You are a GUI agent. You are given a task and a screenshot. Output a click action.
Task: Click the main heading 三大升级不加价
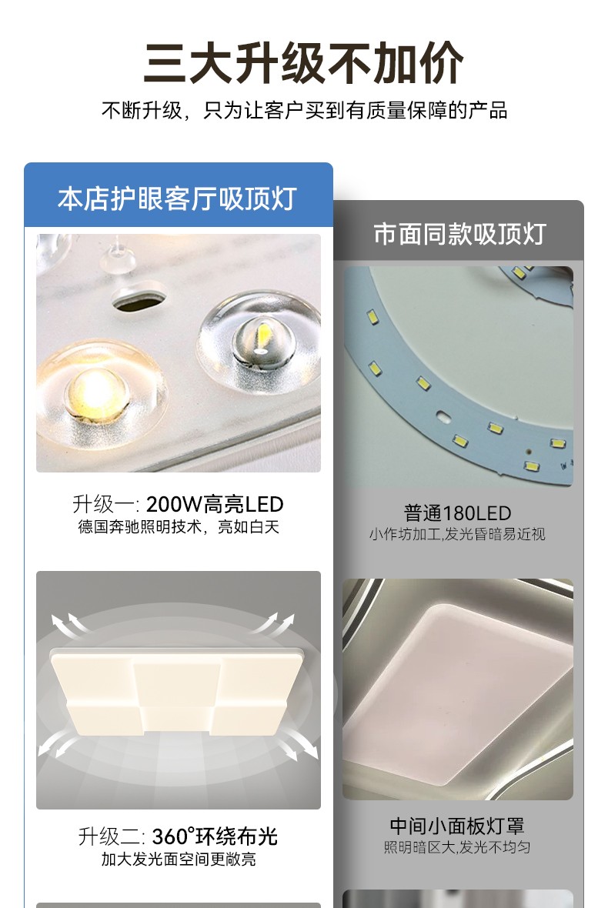click(x=303, y=62)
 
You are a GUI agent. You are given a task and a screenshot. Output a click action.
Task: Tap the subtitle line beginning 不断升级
click(x=305, y=110)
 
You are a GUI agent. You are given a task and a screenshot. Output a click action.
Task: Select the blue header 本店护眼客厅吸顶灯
click(x=178, y=199)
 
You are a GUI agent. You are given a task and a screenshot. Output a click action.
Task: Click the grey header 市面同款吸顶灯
click(x=459, y=234)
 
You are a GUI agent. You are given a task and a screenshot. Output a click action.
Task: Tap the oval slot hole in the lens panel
click(x=139, y=299)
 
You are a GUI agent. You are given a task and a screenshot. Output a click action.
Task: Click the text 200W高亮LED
click(x=215, y=504)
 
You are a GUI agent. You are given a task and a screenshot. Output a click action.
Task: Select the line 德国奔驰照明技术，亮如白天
click(x=179, y=527)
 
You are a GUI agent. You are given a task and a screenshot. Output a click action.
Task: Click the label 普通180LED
click(x=457, y=513)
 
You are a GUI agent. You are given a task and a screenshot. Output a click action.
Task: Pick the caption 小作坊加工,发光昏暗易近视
click(x=457, y=534)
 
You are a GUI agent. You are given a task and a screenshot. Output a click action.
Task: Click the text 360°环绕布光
click(x=215, y=836)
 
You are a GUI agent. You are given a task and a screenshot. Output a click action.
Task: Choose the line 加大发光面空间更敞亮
click(x=179, y=859)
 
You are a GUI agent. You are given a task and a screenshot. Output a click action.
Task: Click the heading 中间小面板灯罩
click(x=457, y=826)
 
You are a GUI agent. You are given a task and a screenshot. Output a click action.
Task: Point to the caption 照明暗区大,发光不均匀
click(x=457, y=847)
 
